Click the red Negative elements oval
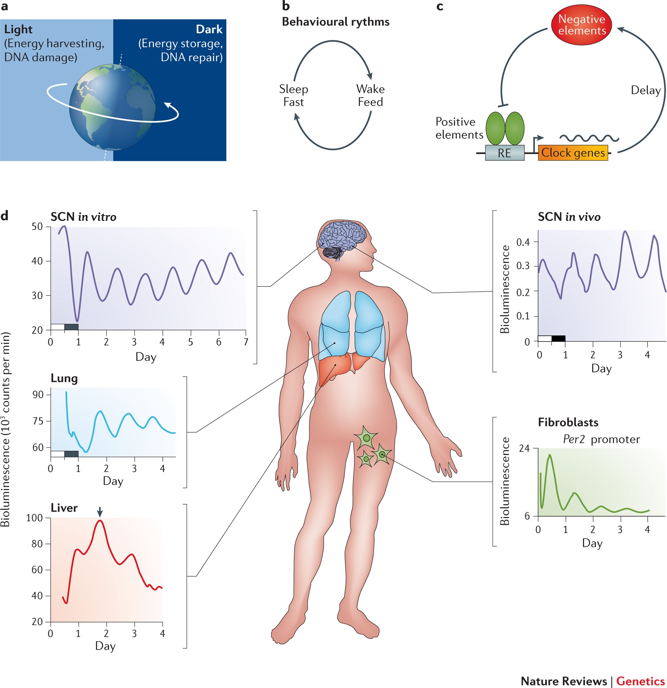tap(581, 25)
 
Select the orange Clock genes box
tap(573, 153)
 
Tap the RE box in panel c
tap(504, 153)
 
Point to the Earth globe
tap(112, 107)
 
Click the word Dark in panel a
tap(209, 29)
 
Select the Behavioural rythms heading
tap(335, 22)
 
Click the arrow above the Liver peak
tap(100, 512)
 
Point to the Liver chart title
tap(64, 508)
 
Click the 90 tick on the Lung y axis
tap(38, 395)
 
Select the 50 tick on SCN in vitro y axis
tap(37, 226)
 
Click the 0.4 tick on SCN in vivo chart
tap(523, 242)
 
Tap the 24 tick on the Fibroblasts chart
tap(524, 448)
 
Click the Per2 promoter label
tap(601, 439)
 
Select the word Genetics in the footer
tap(640, 681)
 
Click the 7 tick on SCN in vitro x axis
tap(246, 342)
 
